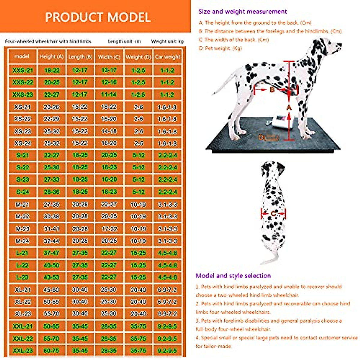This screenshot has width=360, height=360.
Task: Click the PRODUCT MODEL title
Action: (x=98, y=17)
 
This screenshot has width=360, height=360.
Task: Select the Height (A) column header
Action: (x=52, y=57)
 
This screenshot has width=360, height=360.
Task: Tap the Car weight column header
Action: (x=167, y=57)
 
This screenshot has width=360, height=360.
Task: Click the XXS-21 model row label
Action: (x=22, y=70)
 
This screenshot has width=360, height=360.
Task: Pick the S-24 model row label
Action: (x=22, y=192)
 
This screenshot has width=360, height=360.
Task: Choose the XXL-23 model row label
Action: (x=22, y=350)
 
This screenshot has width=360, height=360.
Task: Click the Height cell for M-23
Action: (x=52, y=229)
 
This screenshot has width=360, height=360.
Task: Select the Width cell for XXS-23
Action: (x=109, y=94)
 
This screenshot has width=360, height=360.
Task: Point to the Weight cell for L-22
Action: (x=138, y=265)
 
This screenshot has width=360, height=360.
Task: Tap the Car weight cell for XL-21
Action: (x=167, y=290)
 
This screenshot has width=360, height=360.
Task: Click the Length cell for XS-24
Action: (x=80, y=143)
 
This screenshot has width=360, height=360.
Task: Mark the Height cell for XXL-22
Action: (x=52, y=338)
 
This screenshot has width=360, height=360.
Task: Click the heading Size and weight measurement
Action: (x=242, y=12)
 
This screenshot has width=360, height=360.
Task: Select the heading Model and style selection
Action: (x=233, y=276)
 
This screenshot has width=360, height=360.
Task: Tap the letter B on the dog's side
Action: (x=272, y=89)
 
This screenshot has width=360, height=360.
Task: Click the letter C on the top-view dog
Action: (x=273, y=214)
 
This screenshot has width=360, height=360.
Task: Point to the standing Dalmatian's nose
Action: (x=340, y=46)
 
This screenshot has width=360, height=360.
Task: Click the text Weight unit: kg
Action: (x=167, y=41)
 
